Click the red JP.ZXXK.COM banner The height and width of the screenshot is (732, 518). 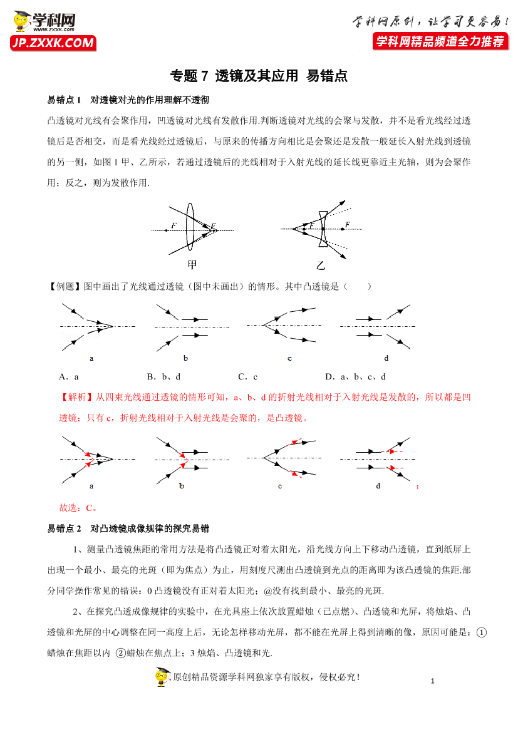pos(53,43)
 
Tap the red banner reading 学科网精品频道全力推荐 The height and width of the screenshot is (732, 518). pos(439,41)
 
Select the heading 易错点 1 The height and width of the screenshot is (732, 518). pos(65,100)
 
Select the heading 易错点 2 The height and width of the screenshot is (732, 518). pos(65,528)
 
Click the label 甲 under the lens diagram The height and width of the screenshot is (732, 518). pos(192,264)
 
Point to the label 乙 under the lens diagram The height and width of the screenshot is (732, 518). pos(321,265)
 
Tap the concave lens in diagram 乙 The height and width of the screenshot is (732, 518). pos(322,229)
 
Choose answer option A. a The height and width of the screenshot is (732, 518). pos(68,377)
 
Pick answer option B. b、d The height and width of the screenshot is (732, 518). pos(163,377)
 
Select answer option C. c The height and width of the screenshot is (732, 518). pos(248,377)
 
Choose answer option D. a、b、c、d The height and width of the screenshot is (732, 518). pos(355,377)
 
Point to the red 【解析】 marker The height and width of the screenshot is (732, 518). pos(76,398)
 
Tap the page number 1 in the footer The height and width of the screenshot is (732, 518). pos(433,681)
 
